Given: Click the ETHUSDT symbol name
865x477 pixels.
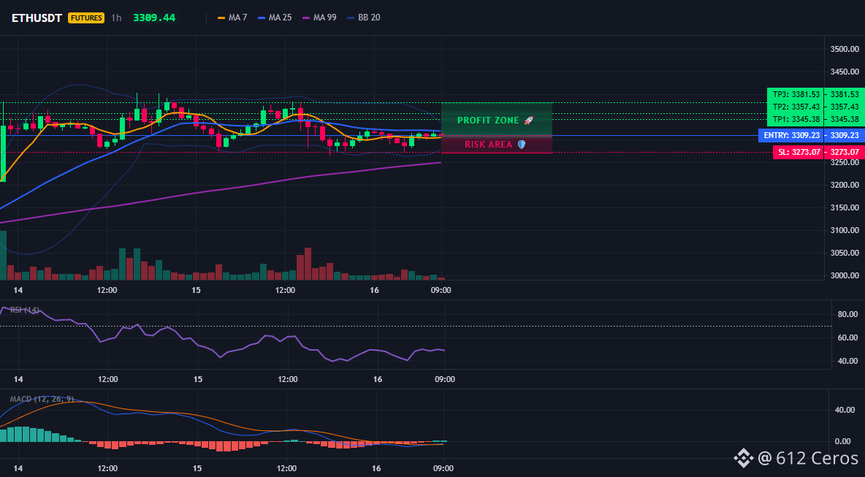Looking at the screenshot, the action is point(37,18).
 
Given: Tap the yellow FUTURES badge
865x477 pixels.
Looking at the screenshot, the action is point(86,18).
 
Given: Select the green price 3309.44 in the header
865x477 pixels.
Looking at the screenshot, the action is point(154,18).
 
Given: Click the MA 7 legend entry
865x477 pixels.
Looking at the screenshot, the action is point(232,18).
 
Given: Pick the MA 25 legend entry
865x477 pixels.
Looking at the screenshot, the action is point(275,18).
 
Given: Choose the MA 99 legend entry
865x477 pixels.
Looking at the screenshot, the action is point(319,18).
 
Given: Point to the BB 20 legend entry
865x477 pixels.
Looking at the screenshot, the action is point(364,18).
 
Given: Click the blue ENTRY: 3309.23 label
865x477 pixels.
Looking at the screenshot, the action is point(791,135).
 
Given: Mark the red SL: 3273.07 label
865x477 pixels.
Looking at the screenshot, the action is point(799,152).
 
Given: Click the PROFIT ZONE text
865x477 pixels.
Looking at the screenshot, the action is point(488,121).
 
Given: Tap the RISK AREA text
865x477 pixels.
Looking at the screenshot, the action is point(488,145).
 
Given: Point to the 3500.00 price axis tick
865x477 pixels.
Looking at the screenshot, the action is point(844,49).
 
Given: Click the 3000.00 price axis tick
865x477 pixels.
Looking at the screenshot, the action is point(844,275).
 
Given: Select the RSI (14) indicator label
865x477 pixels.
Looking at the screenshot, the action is point(25,310).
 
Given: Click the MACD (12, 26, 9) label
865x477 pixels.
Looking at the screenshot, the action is point(42,399).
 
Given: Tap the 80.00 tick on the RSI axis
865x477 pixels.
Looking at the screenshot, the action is point(847,314).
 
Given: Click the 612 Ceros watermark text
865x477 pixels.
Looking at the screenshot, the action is point(808,458).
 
